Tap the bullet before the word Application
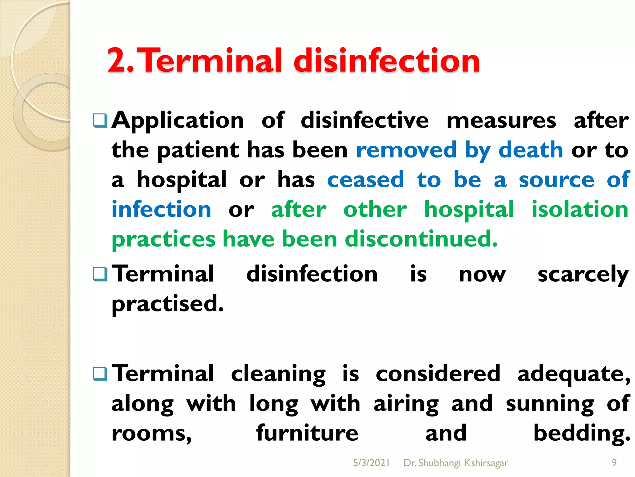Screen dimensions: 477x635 [x=100, y=120]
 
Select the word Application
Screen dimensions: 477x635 [x=178, y=120]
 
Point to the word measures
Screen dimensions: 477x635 [x=501, y=120]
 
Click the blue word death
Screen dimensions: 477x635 [x=531, y=150]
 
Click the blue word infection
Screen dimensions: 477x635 [x=162, y=209]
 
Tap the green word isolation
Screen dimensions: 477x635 [x=580, y=209]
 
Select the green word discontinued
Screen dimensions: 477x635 [x=421, y=239]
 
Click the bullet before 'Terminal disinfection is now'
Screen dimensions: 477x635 [x=100, y=275]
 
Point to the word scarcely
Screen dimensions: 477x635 [x=583, y=275]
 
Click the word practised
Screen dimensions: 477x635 [x=167, y=304]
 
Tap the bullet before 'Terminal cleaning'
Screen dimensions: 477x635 [x=100, y=374]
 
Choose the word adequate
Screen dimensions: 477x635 [x=574, y=374]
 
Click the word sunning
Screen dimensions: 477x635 [x=550, y=404]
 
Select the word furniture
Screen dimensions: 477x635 [x=307, y=433]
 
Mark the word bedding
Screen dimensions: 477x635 [x=582, y=433]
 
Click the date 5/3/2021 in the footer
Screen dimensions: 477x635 [x=371, y=463]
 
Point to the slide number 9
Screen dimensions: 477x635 [x=614, y=463]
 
